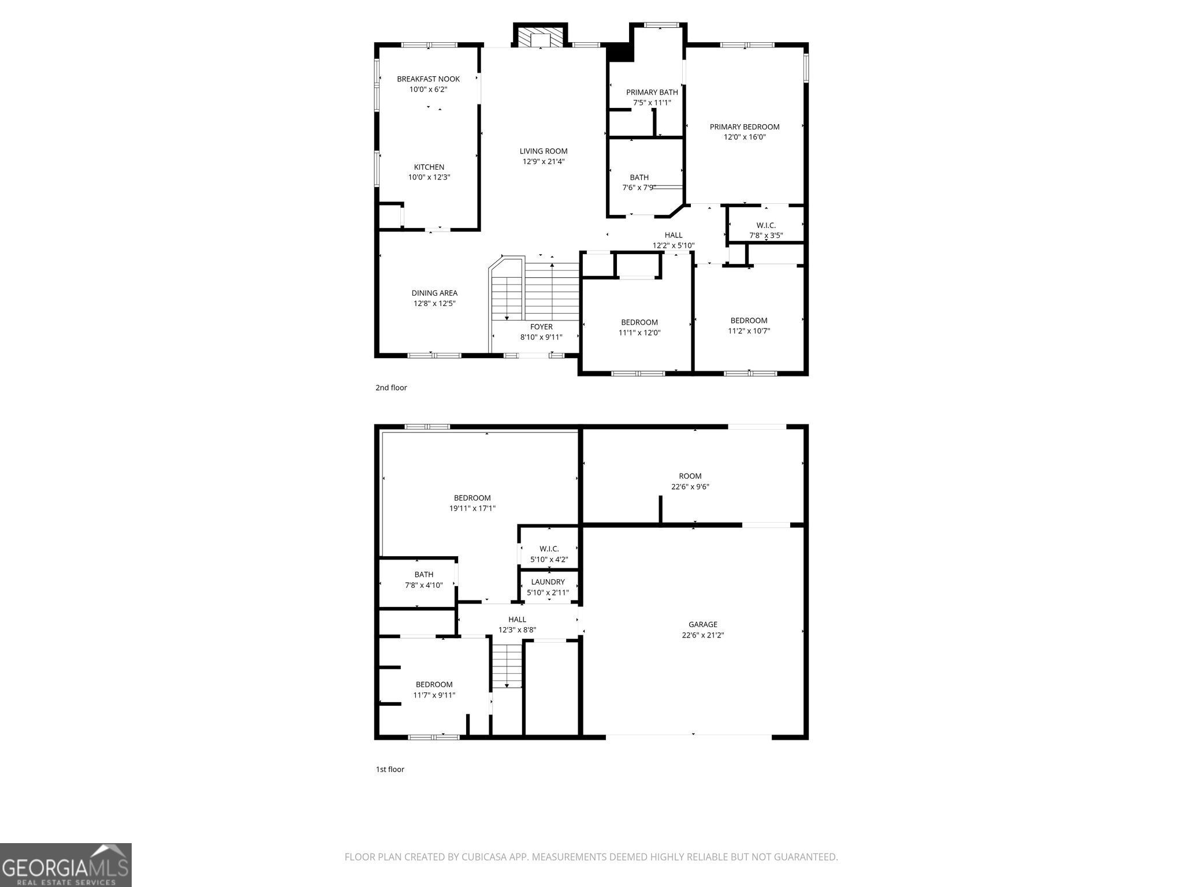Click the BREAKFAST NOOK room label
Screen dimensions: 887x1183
pos(428,79)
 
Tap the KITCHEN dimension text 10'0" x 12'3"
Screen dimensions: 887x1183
pos(429,177)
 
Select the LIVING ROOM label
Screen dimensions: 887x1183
pos(543,151)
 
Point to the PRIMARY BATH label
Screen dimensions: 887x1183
pos(652,92)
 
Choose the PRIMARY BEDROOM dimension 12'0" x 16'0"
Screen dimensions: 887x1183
pos(745,137)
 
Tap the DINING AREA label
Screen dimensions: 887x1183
pos(434,293)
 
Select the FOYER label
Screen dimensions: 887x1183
pos(541,327)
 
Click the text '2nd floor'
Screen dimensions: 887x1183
pos(391,387)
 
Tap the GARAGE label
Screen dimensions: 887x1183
pos(702,624)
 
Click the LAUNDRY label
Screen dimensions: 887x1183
pos(548,582)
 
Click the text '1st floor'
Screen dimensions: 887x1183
pos(390,769)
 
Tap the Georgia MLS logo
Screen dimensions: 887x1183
pos(65,865)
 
